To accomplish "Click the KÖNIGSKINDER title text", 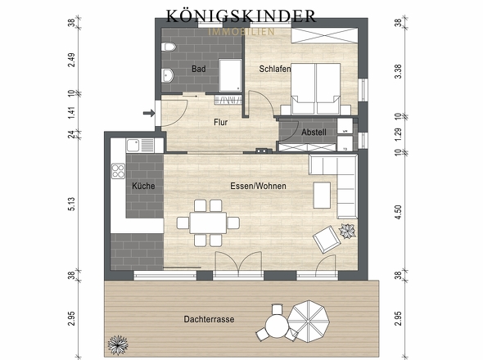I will point(241,16).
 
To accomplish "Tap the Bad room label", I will point(199,70).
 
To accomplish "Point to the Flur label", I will point(220,123).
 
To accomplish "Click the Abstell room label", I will point(314,133).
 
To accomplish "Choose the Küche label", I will point(142,186).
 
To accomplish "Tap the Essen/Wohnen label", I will point(258,187).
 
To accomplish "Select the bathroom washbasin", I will point(167,77).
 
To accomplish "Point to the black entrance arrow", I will point(149,114).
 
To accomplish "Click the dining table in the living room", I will point(208,222).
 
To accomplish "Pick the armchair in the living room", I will point(326,239).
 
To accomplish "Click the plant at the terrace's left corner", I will point(120,342).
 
